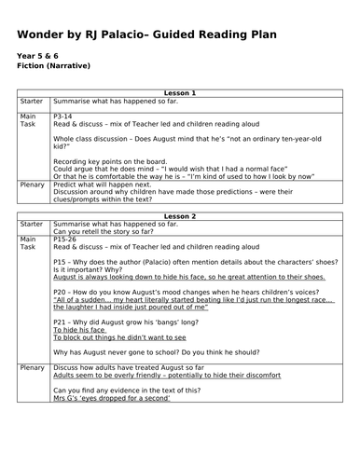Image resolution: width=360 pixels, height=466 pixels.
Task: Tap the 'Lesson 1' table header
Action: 180,92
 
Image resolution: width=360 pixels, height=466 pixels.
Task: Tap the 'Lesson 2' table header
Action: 180,216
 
